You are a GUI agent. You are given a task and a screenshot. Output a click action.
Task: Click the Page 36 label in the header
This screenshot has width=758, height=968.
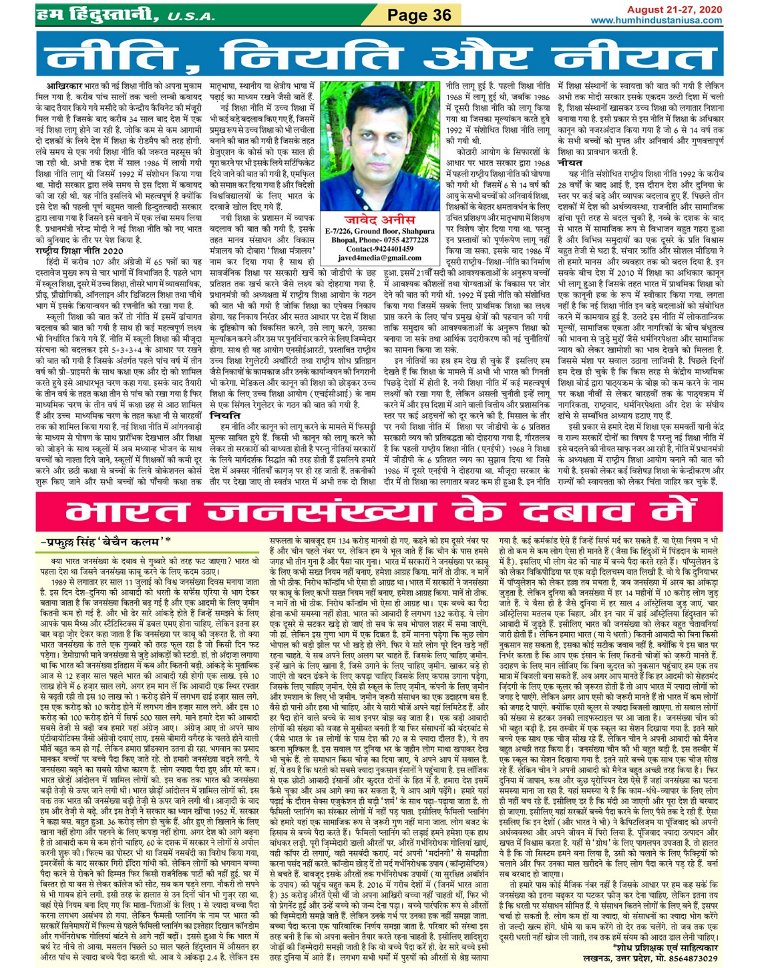point(420,15)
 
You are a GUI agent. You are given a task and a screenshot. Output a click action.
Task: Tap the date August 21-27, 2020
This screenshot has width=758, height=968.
point(675,9)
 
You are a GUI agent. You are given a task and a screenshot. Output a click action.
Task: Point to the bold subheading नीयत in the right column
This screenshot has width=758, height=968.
point(570,162)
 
